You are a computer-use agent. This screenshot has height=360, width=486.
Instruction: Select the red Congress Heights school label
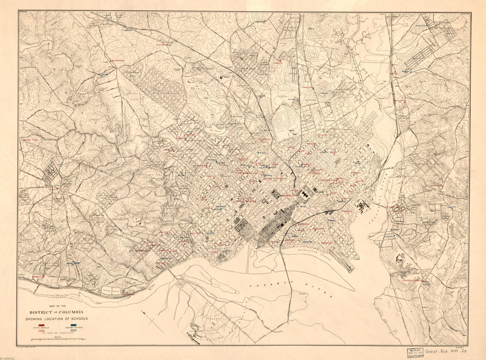pyautogui.click(x=411, y=280)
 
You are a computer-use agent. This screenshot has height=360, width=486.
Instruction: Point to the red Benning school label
pyautogui.click(x=400, y=101)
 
